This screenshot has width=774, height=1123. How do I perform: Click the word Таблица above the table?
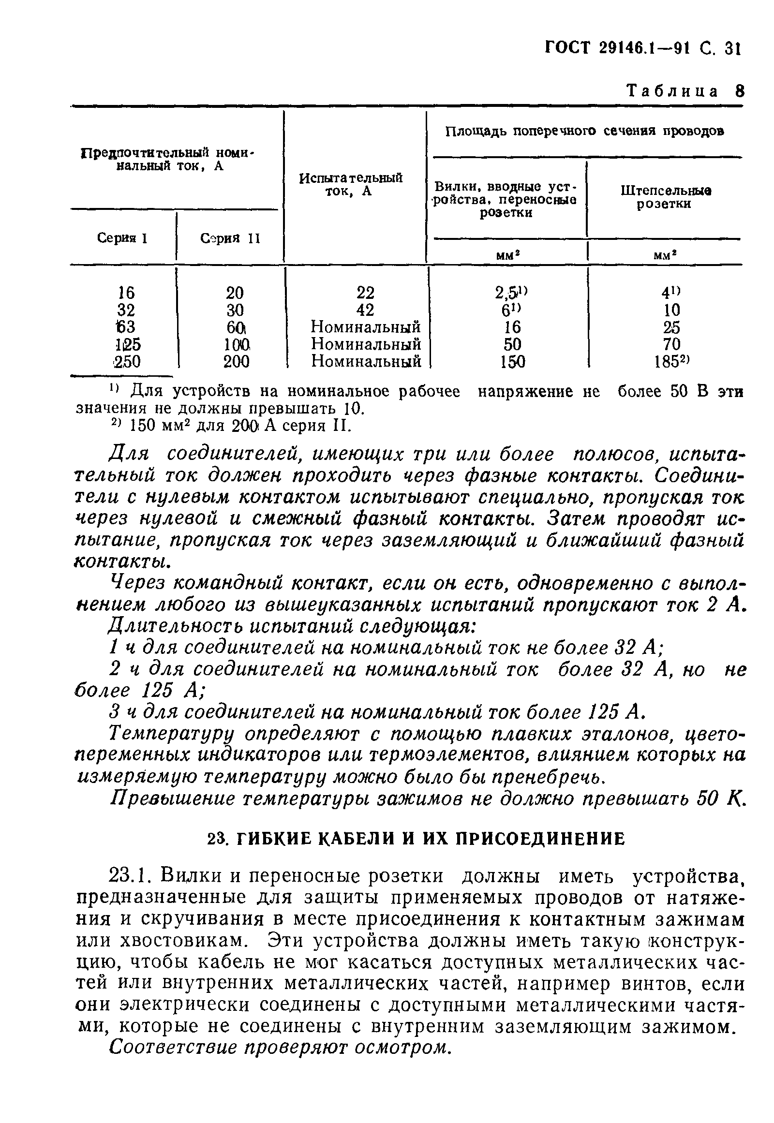click(x=671, y=91)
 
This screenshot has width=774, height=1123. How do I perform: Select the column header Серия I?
click(x=122, y=238)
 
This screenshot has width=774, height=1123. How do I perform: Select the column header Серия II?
click(x=230, y=238)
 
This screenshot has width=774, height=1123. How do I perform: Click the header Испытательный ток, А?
click(x=351, y=184)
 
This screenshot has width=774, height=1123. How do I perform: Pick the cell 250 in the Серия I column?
click(x=128, y=362)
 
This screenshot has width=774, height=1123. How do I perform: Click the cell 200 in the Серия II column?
click(x=236, y=362)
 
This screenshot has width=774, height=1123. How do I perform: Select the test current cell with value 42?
click(x=365, y=310)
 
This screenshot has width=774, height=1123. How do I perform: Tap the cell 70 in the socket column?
click(x=671, y=344)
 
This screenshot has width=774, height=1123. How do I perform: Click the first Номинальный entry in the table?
click(x=366, y=327)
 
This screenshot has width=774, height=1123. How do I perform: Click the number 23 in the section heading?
click(x=215, y=839)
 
